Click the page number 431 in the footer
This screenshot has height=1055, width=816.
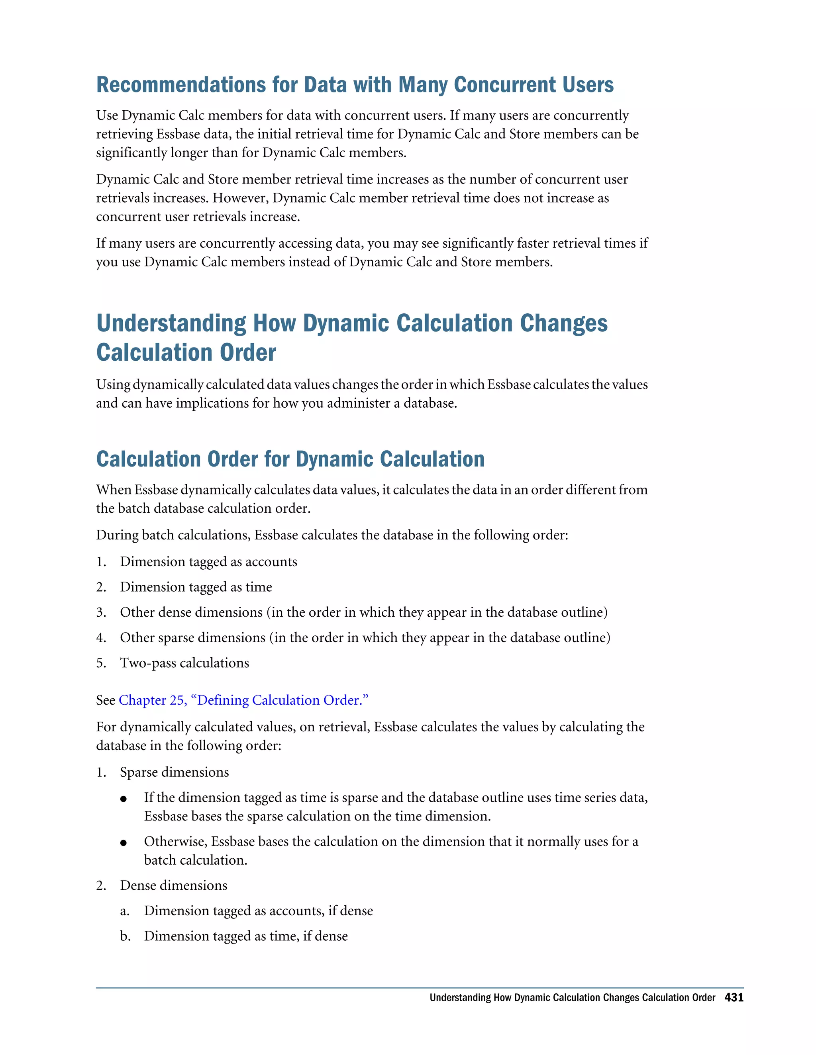point(734,998)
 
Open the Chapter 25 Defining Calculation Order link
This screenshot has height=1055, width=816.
point(243,700)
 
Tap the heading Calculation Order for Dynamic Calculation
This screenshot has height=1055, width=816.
point(290,459)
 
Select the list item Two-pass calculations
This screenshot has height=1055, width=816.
point(184,663)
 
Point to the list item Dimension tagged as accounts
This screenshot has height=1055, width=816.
point(208,561)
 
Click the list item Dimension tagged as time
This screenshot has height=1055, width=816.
point(196,587)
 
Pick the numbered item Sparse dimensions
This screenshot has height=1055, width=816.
point(174,772)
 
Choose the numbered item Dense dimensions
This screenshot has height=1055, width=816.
point(174,885)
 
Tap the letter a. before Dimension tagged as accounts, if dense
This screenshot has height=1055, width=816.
point(125,911)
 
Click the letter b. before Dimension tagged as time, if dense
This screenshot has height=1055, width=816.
point(125,936)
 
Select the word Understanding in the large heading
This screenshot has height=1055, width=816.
point(171,324)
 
